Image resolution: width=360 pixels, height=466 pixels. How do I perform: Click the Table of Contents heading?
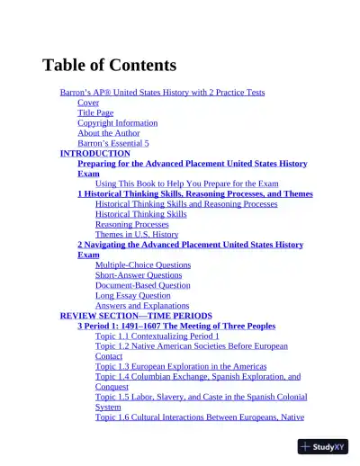point(109,65)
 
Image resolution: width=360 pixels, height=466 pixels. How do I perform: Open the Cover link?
point(88,103)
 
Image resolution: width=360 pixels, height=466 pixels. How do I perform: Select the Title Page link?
point(95,112)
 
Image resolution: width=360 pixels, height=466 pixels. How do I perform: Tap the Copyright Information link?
point(117,122)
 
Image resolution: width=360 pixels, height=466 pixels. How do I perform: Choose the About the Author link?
point(108,133)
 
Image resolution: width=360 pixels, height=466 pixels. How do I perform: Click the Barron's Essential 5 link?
point(113,143)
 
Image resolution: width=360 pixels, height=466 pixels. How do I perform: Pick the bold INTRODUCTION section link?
point(95,153)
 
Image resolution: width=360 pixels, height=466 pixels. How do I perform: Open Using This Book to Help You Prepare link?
point(180,184)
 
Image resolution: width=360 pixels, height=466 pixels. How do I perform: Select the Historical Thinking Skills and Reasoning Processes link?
point(186,204)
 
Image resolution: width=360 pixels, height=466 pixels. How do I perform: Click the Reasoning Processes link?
point(131,224)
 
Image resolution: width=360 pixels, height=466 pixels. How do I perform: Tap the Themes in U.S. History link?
point(137,234)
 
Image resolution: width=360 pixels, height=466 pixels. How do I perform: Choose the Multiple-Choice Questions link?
point(143,265)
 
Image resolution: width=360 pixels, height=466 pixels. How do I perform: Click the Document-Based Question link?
point(143,285)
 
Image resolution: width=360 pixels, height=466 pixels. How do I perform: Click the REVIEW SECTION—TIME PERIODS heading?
point(136,316)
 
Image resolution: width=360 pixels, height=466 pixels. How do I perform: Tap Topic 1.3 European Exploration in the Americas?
point(181,366)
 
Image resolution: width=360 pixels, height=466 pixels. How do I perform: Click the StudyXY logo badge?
point(323,446)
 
